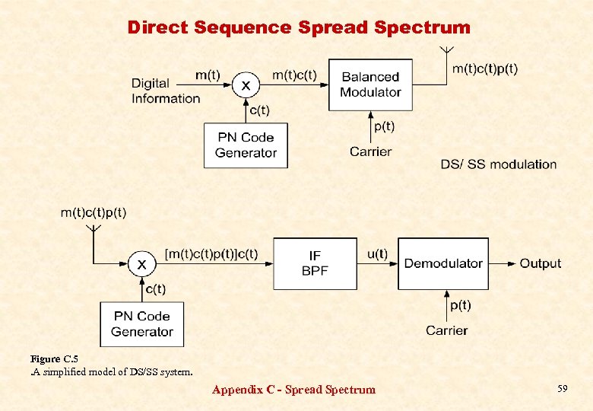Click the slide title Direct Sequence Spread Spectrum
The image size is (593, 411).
click(299, 28)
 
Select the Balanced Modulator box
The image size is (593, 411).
click(370, 84)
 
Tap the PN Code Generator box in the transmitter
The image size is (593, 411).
click(246, 145)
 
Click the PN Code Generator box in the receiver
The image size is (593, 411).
click(142, 323)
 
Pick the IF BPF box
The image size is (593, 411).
click(315, 263)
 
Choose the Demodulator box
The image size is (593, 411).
click(443, 263)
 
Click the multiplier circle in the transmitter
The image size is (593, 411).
click(245, 85)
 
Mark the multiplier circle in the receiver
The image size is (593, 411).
click(141, 264)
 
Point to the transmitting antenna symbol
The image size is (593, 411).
click(448, 53)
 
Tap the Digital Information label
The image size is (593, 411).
click(166, 91)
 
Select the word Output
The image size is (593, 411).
click(540, 263)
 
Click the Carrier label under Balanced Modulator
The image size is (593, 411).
click(370, 151)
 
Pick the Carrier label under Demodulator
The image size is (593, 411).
click(447, 330)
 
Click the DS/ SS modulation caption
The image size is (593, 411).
click(498, 164)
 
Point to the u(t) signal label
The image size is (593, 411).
click(377, 254)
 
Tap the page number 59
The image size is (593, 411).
click(563, 389)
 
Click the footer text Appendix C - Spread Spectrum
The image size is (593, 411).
click(293, 390)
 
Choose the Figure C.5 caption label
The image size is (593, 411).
click(54, 358)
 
